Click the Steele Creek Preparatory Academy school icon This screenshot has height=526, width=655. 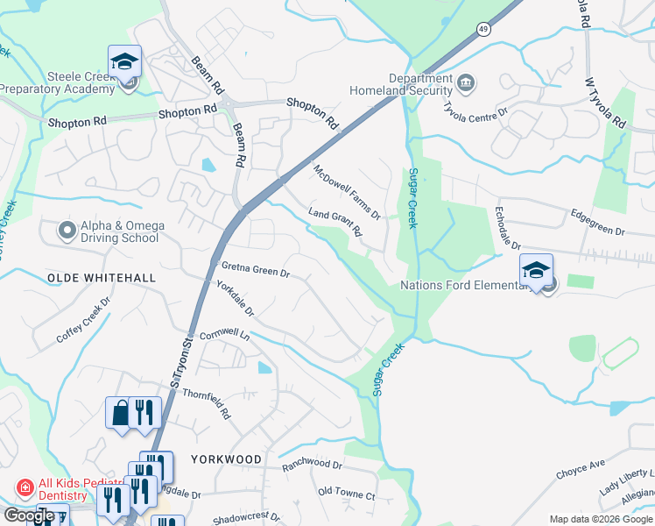[124, 61]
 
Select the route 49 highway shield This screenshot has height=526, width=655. [484, 30]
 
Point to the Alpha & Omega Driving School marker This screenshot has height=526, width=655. [67, 231]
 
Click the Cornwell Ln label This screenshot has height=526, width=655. [225, 336]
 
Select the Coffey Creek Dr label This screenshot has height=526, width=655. [83, 320]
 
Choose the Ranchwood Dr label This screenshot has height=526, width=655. [312, 464]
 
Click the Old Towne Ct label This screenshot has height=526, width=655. [346, 494]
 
